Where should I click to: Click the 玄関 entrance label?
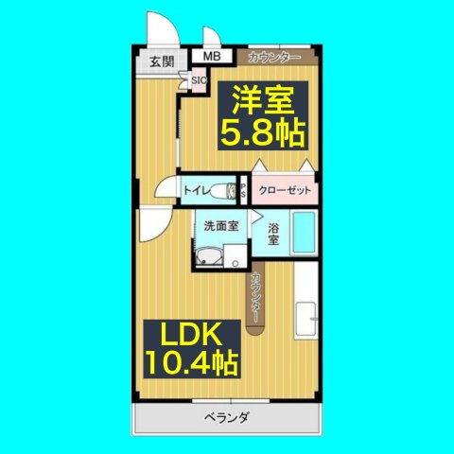pos(161,62)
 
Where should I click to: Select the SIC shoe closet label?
pos(199,80)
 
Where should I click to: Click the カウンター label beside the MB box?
pos(274,58)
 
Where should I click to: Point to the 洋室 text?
pos(263,100)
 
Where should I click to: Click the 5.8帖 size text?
pos(263,133)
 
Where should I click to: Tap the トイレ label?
pos(198,191)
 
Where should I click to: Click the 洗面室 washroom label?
pos(220,226)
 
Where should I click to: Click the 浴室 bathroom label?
pos(272,235)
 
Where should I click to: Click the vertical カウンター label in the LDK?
pos(256,297)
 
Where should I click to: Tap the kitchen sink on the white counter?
pos(306,314)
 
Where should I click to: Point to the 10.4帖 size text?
pos(190,363)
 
